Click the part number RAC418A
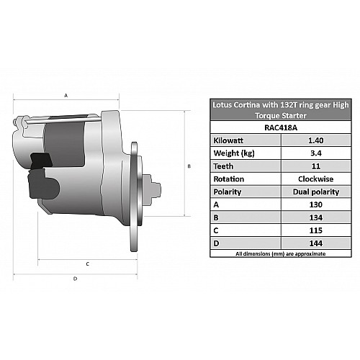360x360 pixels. pos(281,127)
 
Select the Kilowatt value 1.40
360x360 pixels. pos(316,140)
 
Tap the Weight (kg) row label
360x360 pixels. pos(234,153)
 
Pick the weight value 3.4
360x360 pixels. pos(316,153)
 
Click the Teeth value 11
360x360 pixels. pos(316,166)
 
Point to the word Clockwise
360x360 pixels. pos(316,179)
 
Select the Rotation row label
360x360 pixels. pos(229,179)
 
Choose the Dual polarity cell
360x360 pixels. pos(316,192)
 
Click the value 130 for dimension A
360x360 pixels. pos(316,204)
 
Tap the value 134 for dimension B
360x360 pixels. pos(316,217)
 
